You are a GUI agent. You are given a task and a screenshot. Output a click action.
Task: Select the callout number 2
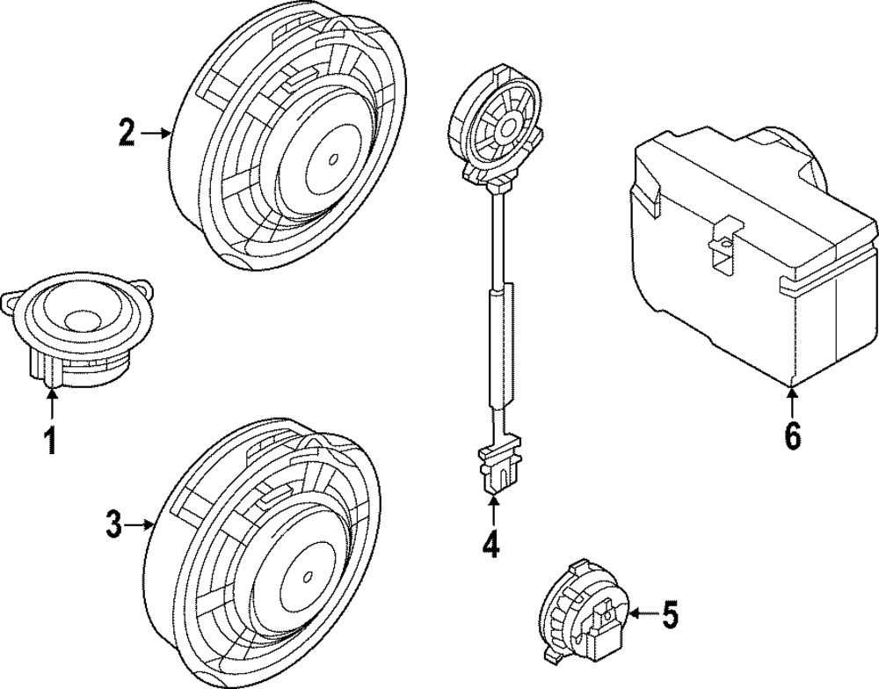127,133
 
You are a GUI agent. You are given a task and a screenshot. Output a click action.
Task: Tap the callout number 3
113,524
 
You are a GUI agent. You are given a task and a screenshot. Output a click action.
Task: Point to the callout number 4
491,544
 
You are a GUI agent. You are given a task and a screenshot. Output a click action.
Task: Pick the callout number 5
669,614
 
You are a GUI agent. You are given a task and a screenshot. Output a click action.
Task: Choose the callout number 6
792,436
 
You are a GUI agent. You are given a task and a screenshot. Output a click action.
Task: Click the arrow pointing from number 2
156,133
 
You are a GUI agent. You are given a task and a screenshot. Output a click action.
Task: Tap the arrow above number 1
51,400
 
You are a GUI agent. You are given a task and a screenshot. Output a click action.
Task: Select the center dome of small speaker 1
83,319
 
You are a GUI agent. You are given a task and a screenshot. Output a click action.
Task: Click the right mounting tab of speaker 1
146,287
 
